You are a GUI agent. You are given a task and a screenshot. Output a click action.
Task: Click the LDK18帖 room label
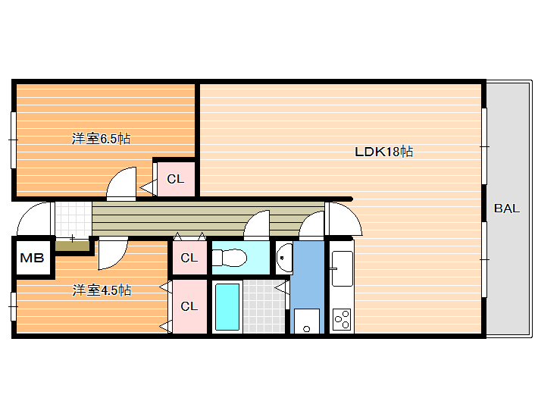click(383, 152)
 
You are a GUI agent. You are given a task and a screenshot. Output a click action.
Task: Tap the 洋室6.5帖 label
click(101, 138)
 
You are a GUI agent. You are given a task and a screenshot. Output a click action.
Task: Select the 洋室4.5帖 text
click(102, 290)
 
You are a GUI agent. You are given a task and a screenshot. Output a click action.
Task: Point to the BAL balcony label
click(507, 208)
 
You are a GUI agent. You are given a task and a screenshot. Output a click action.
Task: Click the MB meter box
click(33, 258)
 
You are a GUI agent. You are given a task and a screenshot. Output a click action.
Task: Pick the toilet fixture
click(229, 258)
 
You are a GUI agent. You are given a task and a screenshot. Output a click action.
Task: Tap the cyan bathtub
click(227, 307)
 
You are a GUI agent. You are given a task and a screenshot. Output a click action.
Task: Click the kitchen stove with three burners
click(342, 319)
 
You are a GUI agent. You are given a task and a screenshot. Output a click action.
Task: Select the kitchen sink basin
click(342, 268)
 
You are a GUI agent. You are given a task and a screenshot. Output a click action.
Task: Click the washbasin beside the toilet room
click(285, 258)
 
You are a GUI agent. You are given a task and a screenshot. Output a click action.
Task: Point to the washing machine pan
click(307, 321)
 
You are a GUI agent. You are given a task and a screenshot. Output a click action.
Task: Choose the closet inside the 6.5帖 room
click(176, 178)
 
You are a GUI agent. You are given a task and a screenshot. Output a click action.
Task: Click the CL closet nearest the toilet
click(189, 258)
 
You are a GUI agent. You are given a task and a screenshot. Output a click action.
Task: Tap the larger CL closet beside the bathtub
click(189, 306)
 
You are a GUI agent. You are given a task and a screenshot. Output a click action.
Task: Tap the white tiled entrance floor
click(74, 219)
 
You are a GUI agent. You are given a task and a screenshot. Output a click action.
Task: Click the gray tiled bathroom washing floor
click(264, 306)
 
